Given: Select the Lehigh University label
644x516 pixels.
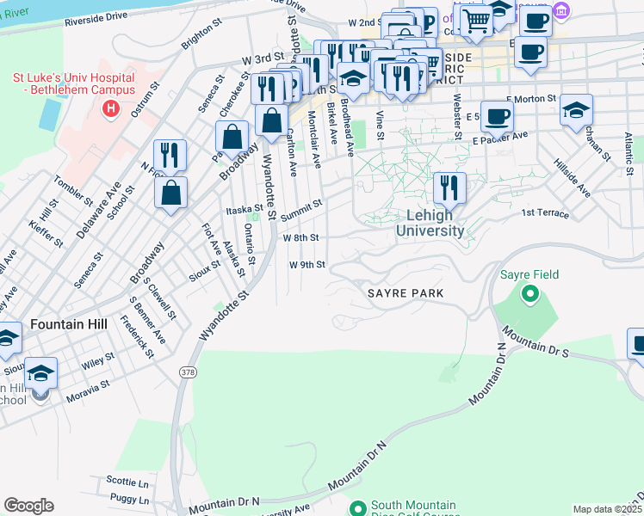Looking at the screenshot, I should [430, 224].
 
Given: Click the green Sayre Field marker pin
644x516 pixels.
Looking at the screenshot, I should [529, 295].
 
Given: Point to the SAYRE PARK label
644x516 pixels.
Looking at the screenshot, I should [406, 293].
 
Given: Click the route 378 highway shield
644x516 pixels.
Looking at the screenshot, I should [187, 371].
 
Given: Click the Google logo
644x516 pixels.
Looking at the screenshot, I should [28, 505].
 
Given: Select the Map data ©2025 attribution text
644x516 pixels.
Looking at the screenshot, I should [605, 509].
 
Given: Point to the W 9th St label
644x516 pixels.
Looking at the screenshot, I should [307, 265].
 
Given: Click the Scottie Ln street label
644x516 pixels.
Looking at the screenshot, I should [128, 482].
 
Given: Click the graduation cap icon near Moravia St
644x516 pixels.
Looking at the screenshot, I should [40, 372].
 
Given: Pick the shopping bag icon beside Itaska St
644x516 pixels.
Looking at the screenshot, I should [171, 192].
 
